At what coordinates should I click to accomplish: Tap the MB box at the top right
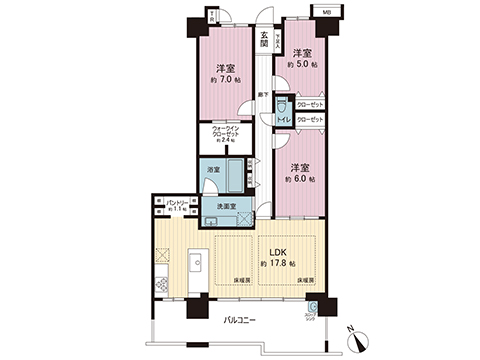click(325, 11)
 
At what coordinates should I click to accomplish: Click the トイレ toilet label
click(283, 119)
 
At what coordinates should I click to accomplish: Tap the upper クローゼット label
click(310, 104)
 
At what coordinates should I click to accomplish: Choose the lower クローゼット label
click(310, 120)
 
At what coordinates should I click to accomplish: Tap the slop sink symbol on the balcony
click(313, 310)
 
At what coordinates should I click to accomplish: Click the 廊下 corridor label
click(261, 94)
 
